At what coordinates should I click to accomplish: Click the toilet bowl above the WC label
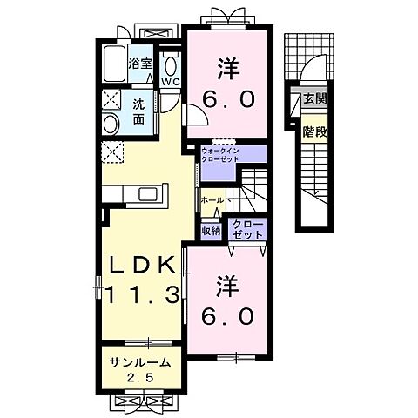click(170, 64)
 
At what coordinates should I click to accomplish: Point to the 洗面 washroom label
click(140, 111)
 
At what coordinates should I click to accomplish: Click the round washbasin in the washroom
click(111, 125)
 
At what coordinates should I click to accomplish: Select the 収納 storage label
click(210, 231)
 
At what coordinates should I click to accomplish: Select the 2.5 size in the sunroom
click(138, 377)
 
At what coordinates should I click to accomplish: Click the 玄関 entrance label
click(314, 99)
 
